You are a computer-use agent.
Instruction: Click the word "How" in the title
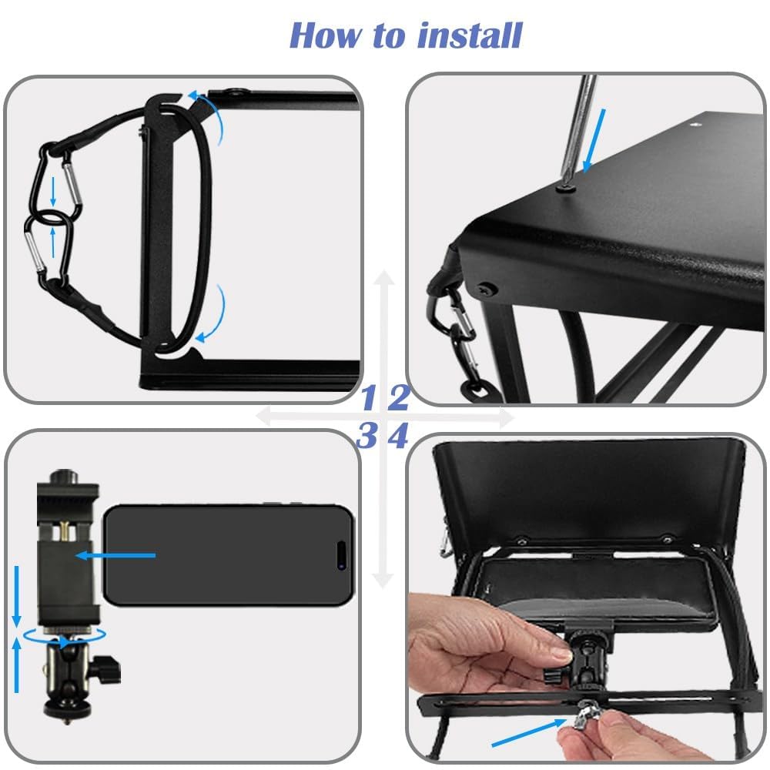click(321, 35)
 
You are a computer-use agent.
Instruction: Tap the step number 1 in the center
click(369, 398)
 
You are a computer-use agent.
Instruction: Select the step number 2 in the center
click(399, 398)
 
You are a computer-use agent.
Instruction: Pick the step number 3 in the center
click(367, 437)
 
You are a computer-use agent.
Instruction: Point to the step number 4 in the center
click(397, 437)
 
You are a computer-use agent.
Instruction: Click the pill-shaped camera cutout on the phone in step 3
click(340, 554)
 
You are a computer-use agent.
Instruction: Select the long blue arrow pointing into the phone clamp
click(115, 554)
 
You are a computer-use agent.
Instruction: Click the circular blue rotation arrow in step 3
click(65, 636)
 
